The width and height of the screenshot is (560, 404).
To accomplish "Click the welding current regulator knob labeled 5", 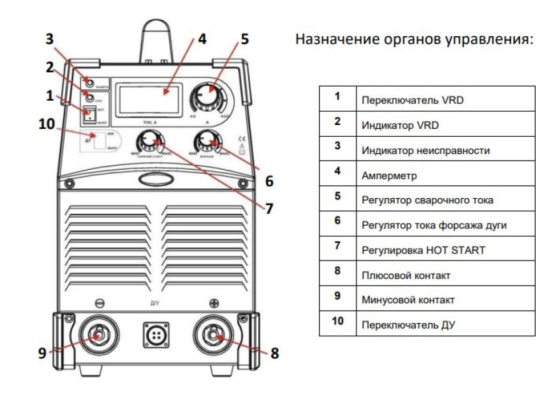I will click(207, 99).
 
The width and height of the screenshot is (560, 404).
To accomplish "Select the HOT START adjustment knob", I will click(149, 140).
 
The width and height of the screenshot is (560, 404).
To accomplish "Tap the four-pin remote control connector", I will click(156, 336).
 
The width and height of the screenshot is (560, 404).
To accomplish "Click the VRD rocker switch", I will click(89, 115).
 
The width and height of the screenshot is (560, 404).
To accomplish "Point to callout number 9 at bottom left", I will click(42, 353).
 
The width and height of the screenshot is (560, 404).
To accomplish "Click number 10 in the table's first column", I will click(337, 324).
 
